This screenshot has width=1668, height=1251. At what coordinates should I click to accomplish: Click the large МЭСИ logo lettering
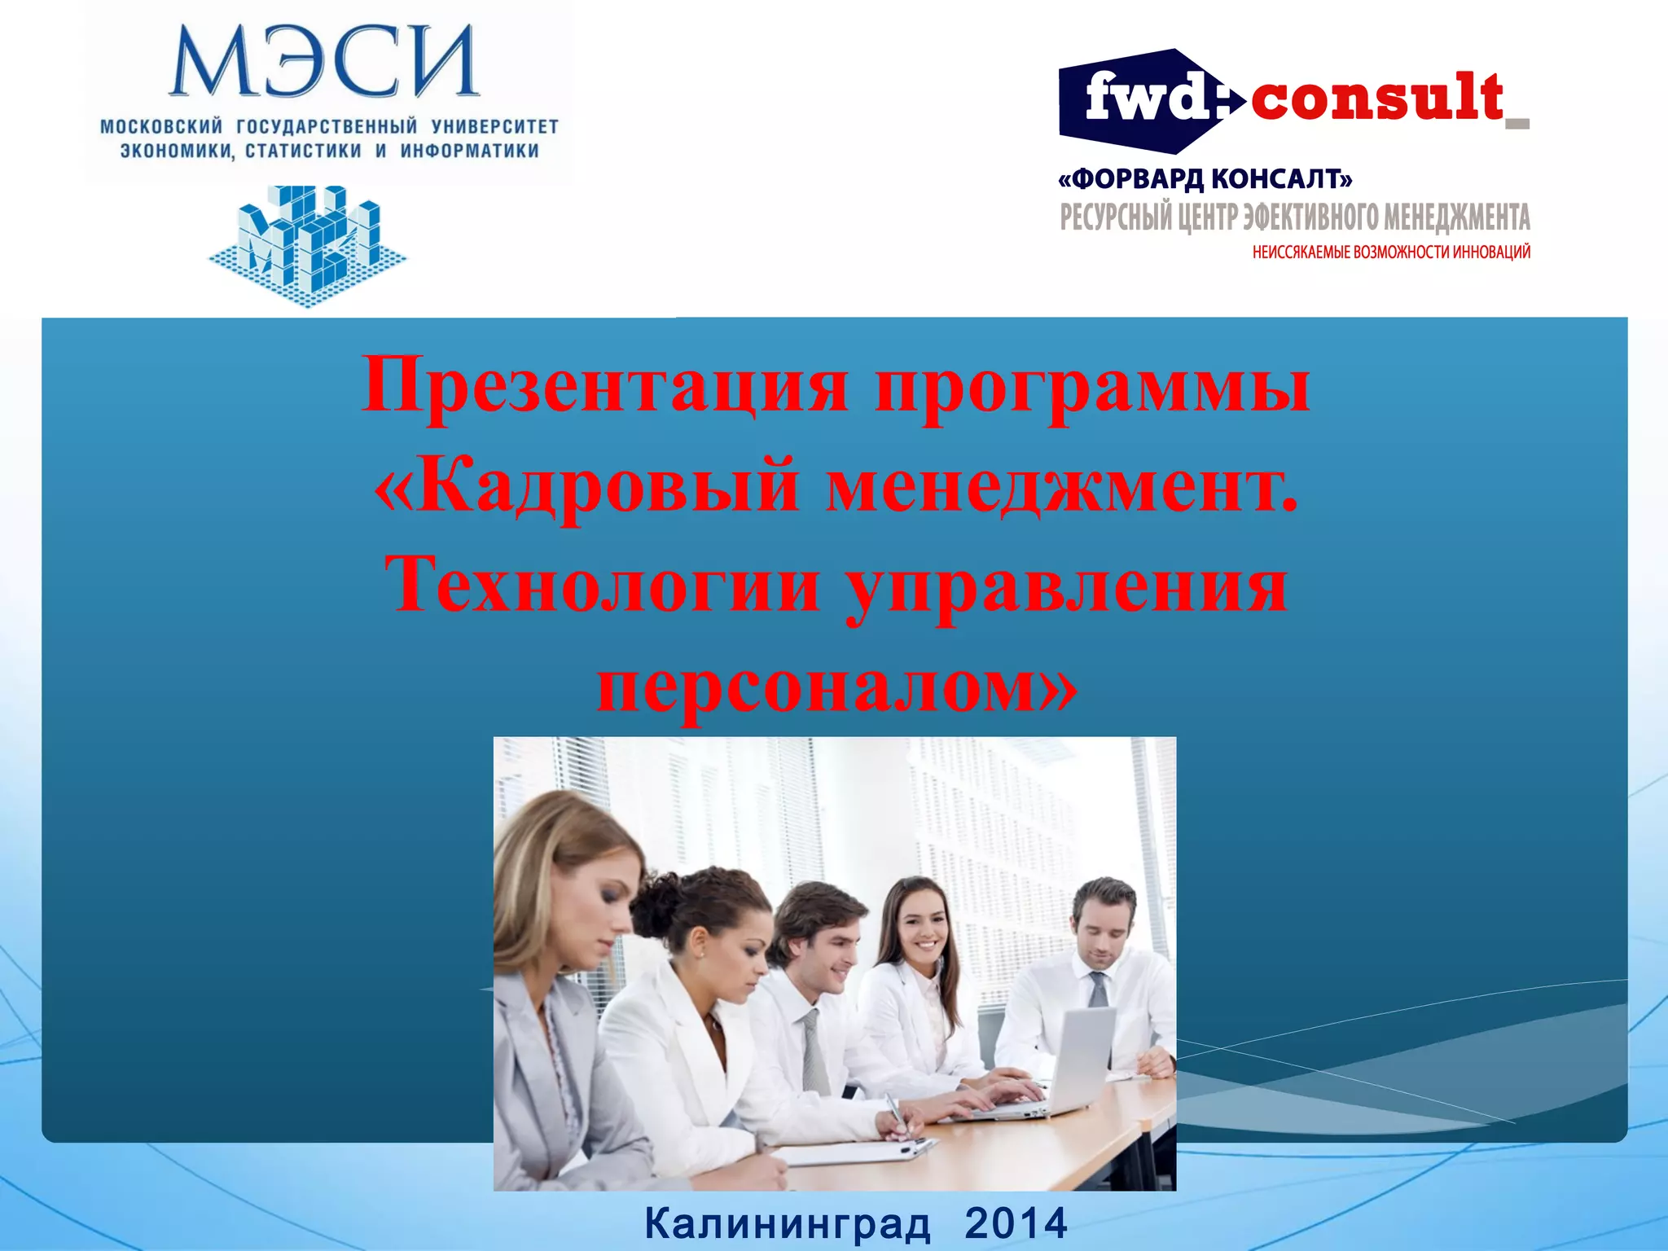(x=324, y=62)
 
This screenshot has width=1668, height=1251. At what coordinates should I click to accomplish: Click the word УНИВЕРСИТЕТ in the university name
(x=495, y=127)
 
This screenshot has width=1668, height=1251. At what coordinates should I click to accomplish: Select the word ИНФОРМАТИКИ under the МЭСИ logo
(x=469, y=151)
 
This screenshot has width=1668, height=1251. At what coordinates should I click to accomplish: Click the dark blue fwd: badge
(x=1148, y=101)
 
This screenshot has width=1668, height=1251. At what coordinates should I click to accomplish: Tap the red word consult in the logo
(x=1376, y=99)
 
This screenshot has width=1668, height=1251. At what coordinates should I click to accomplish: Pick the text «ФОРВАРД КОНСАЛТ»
(x=1205, y=178)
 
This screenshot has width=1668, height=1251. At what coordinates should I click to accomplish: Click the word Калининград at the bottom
(x=788, y=1223)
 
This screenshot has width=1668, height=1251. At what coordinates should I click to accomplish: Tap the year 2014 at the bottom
(x=1016, y=1223)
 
